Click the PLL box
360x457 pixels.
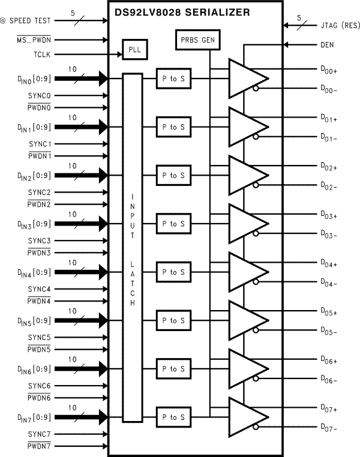pos(134,49)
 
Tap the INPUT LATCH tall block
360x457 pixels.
pos(133,247)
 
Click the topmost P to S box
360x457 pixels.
pos(173,79)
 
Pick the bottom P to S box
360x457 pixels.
pos(173,417)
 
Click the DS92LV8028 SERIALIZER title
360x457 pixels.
pos(191,12)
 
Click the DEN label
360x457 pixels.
pos(327,44)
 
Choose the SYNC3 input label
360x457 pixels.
pos(40,240)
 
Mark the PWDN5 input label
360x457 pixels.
pos(40,348)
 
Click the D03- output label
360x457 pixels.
pos(329,235)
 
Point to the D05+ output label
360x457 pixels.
pos(329,312)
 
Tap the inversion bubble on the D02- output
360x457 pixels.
pos(256,185)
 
